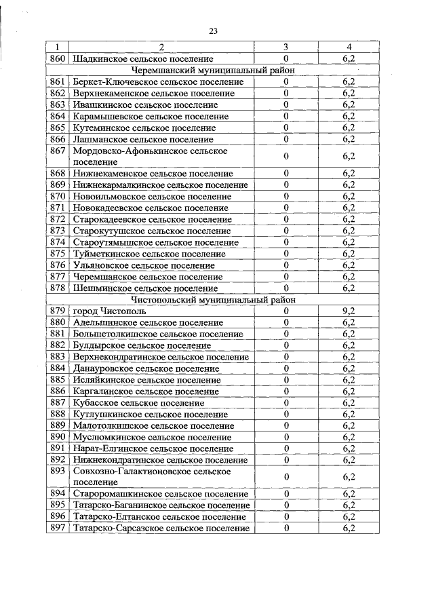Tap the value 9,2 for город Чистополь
tap(349, 311)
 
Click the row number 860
tap(58, 59)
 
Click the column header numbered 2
tap(161, 47)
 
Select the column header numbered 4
tap(349, 47)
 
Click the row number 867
tap(58, 151)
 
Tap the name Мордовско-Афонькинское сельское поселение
tap(150, 156)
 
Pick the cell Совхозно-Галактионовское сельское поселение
tap(152, 476)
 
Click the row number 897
tap(58, 529)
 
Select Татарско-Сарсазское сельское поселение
tap(161, 529)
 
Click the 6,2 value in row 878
tap(349, 288)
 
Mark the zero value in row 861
tap(286, 82)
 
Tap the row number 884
tap(58, 368)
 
